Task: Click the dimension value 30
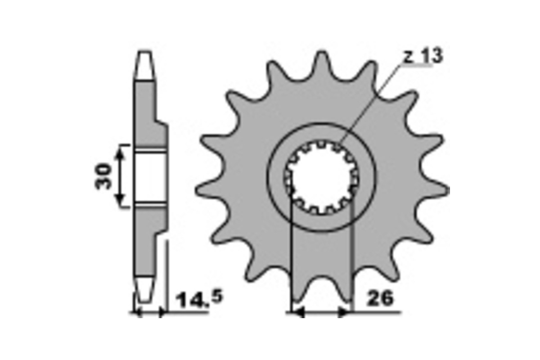(103, 176)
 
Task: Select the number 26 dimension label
(380, 299)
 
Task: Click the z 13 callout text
(423, 56)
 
